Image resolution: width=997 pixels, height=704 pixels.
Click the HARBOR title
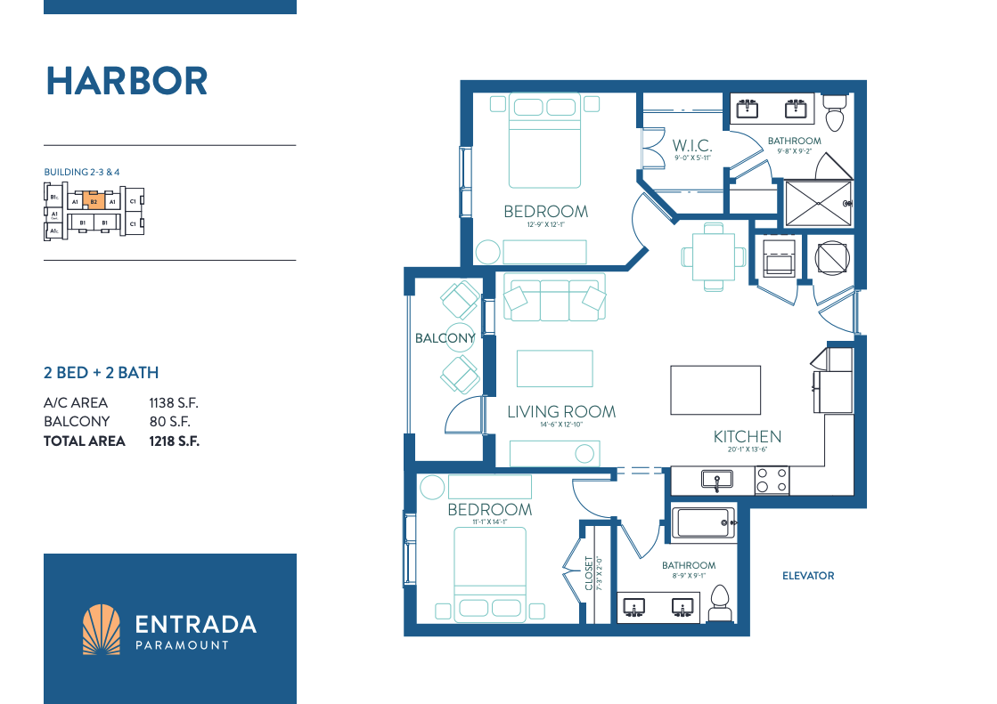pyautogui.click(x=127, y=81)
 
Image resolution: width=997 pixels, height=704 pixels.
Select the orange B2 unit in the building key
pyautogui.click(x=93, y=202)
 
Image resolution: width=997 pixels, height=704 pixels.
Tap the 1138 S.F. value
pyautogui.click(x=171, y=403)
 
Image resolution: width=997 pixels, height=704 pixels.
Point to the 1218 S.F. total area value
pyautogui.click(x=174, y=441)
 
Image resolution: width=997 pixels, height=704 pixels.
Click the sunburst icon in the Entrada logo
pyautogui.click(x=101, y=630)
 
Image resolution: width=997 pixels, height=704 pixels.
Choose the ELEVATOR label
pyautogui.click(x=809, y=576)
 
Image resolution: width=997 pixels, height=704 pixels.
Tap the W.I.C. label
pyautogui.click(x=691, y=145)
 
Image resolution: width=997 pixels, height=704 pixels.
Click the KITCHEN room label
pyautogui.click(x=747, y=436)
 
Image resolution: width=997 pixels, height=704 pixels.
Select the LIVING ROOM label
pyautogui.click(x=561, y=411)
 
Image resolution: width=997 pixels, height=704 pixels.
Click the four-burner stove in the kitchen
pyautogui.click(x=772, y=481)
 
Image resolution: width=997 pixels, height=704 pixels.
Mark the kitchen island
pyautogui.click(x=715, y=388)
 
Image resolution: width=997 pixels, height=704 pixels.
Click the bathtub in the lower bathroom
pyautogui.click(x=704, y=522)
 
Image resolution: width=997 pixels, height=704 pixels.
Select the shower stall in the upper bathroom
pyautogui.click(x=817, y=203)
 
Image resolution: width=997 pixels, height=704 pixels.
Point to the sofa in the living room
pyautogui.click(x=552, y=298)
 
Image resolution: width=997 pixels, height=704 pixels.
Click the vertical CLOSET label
pyautogui.click(x=589, y=573)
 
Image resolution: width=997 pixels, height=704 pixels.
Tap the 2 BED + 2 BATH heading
pyautogui.click(x=101, y=373)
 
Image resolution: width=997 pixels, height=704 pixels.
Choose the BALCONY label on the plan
pyautogui.click(x=445, y=338)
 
